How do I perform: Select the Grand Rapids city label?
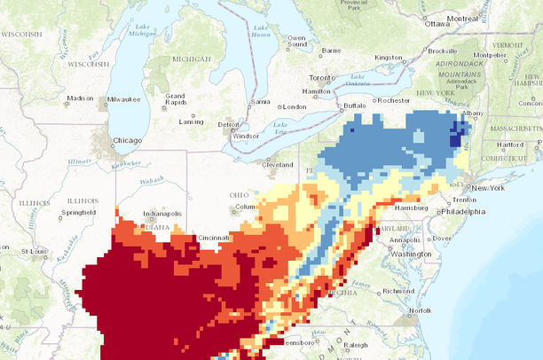pyautogui.click(x=174, y=98)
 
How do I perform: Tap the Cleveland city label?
pyautogui.click(x=277, y=164)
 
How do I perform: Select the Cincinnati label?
pyautogui.click(x=214, y=238)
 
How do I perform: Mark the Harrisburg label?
pyautogui.click(x=413, y=208)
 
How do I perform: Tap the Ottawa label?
pyautogui.click(x=437, y=24)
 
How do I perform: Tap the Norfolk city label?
pyautogui.click(x=420, y=310)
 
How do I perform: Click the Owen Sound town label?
pyautogui.click(x=296, y=42)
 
